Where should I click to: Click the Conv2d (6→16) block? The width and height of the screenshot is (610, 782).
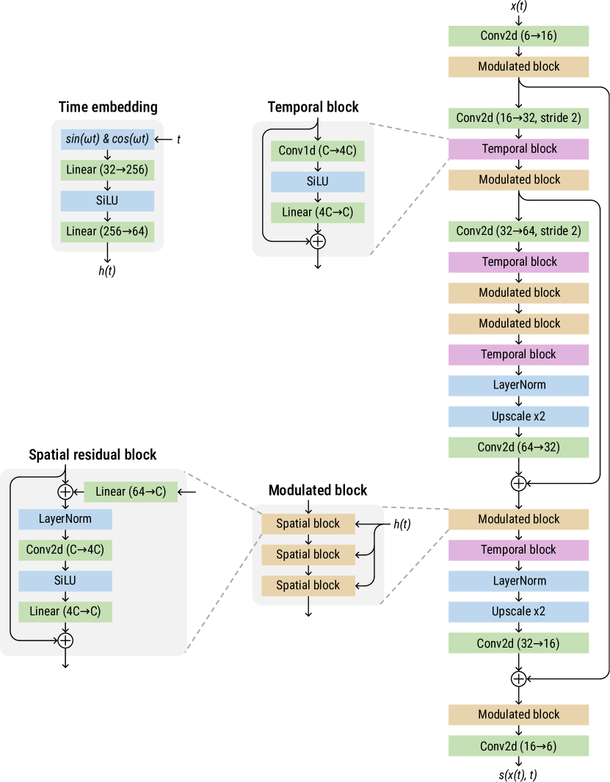518,36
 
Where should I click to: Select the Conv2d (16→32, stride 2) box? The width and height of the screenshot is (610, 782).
518,117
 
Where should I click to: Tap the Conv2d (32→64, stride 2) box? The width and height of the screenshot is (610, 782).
518,231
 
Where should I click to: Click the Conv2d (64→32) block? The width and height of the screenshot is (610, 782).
518,447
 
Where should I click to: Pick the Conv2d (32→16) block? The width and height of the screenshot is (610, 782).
518,643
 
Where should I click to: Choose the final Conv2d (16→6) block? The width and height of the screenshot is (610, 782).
518,746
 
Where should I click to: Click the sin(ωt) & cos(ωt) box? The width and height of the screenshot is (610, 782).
107,139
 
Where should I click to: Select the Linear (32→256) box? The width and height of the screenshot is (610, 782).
107,170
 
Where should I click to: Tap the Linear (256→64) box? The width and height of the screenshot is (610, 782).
107,231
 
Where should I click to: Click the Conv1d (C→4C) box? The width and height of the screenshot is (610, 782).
317,151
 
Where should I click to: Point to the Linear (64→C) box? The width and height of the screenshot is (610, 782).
131,491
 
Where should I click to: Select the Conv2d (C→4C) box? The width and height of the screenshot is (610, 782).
65,549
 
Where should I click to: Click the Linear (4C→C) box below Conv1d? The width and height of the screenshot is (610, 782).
317,212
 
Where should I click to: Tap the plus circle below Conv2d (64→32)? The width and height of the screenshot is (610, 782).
518,483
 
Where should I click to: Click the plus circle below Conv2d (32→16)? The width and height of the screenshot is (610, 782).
518,678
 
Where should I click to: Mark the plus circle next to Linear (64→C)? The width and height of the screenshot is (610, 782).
66,491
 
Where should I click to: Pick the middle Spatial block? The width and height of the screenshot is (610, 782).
308,554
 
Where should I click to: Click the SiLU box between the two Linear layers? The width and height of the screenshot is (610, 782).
107,200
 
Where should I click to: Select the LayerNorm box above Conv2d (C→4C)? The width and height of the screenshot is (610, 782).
65,518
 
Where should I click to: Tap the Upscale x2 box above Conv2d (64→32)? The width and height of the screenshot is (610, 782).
518,416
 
